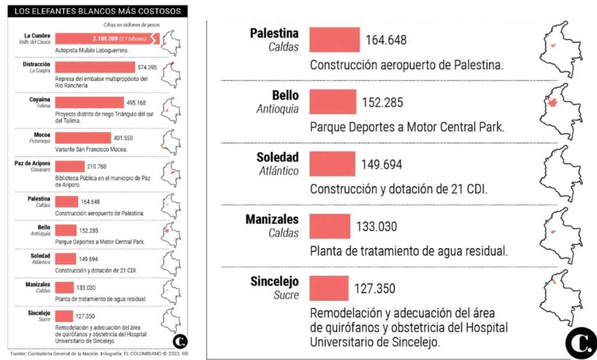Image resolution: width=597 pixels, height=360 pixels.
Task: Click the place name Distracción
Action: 37,64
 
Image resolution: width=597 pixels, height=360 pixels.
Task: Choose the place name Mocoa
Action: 41,135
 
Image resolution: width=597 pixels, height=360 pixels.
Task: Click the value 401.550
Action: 124,138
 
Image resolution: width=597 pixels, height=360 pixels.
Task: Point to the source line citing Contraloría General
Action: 99,354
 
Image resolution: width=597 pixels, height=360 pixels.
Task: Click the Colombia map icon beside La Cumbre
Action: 170,42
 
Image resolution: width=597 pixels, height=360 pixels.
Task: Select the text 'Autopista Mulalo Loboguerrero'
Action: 92,50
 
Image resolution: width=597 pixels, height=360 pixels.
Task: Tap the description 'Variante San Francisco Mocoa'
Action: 91,149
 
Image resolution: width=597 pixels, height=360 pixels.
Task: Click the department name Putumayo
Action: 40,141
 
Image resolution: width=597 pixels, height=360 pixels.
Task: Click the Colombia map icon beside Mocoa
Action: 170,141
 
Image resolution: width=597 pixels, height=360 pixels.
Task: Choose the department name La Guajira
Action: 40,71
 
